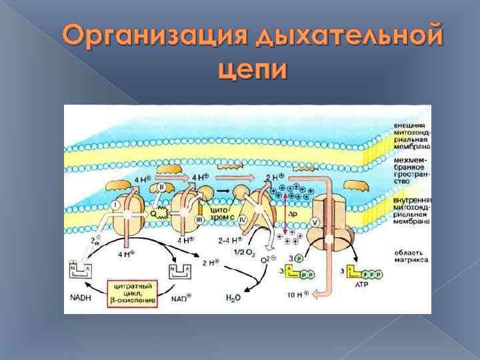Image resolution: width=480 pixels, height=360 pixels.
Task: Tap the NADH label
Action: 79,298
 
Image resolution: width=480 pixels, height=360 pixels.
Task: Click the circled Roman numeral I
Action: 117,205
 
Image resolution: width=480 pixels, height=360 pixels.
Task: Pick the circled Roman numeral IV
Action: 243,217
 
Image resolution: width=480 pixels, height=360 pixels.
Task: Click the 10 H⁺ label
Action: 296,292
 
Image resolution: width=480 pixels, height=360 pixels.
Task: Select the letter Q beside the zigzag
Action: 153,214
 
